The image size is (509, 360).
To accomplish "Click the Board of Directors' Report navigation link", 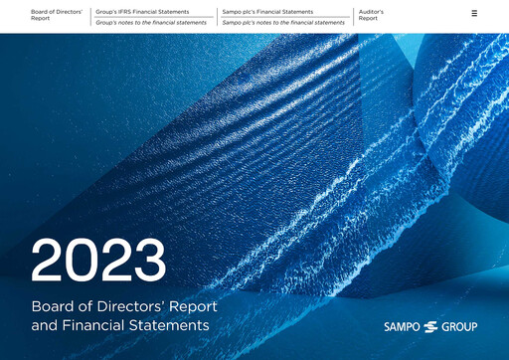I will pyautogui.click(x=56, y=15).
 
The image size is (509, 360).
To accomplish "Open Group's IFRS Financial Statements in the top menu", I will pyautogui.click(x=142, y=12).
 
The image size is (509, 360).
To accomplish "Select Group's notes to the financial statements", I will pyautogui.click(x=150, y=22).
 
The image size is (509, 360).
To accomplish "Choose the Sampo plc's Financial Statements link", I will pyautogui.click(x=267, y=12).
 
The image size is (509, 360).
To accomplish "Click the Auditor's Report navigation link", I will pyautogui.click(x=371, y=15).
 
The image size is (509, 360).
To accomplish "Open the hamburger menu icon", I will pyautogui.click(x=474, y=13).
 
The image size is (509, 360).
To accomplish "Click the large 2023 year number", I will pyautogui.click(x=98, y=261).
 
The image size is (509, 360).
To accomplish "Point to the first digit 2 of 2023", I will pyautogui.click(x=49, y=261).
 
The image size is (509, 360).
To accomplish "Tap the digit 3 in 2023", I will pyautogui.click(x=149, y=261).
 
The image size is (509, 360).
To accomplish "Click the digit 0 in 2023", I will pyautogui.click(x=83, y=261).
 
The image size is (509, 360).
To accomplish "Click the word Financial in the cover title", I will pyautogui.click(x=95, y=324).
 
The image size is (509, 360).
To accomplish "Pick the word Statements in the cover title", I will pyautogui.click(x=171, y=324).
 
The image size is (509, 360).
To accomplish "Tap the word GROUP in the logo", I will pyautogui.click(x=459, y=326).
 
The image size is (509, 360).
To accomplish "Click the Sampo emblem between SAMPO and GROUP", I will pyautogui.click(x=430, y=326).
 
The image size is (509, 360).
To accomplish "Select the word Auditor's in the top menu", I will pyautogui.click(x=371, y=12).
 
